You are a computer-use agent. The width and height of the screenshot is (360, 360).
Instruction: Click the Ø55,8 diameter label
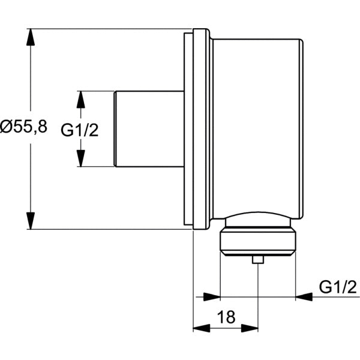pos(24,128)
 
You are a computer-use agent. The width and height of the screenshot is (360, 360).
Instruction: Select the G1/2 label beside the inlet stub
pos(80,130)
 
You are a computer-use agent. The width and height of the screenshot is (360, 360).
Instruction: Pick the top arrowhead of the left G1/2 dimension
pos(80,100)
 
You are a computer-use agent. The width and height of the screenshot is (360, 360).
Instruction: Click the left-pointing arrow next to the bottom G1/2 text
pos(304,296)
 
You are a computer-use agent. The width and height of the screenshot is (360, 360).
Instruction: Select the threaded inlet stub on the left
pos(148,129)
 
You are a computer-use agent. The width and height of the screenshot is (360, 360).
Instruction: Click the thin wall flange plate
pos(188,129)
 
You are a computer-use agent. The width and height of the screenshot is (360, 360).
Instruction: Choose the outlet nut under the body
pos(258,240)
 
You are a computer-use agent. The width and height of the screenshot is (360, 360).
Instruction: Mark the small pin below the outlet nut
pos(258,260)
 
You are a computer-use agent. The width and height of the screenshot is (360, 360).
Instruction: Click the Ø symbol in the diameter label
pos(7,128)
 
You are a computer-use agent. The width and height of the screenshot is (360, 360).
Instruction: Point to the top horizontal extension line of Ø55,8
pos(108,28)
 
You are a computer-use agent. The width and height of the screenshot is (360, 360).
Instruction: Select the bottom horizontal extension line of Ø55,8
pos(108,229)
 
